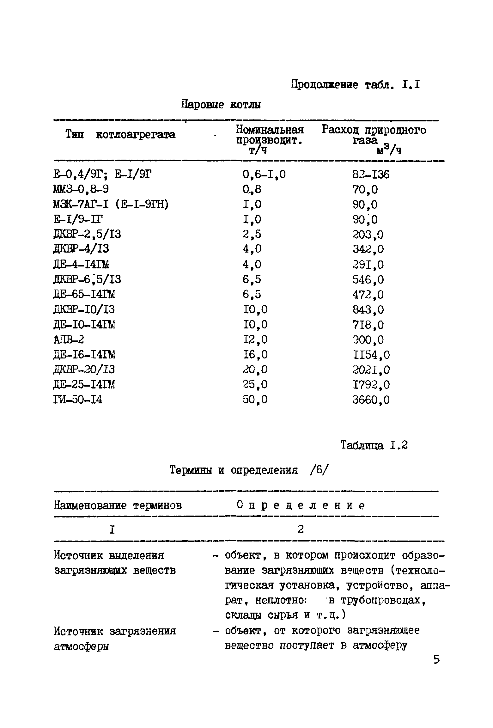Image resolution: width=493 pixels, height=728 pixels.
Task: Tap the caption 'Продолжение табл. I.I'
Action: (x=356, y=85)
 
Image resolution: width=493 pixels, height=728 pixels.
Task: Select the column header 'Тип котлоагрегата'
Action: (x=120, y=135)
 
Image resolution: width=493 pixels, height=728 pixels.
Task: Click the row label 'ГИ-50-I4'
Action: (x=78, y=400)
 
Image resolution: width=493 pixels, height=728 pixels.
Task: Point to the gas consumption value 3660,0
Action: (x=371, y=400)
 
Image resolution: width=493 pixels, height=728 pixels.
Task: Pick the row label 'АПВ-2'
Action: (x=69, y=340)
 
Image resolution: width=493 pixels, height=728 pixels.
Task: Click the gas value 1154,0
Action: (x=371, y=355)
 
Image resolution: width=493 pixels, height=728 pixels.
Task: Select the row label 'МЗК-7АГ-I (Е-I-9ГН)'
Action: (x=111, y=205)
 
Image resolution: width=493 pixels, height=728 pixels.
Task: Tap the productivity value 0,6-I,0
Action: (x=264, y=174)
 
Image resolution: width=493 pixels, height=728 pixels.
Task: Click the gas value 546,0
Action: (x=368, y=279)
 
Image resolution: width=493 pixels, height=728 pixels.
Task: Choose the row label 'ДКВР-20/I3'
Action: (x=84, y=370)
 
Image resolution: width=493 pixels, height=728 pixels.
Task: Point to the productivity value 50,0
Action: (x=255, y=400)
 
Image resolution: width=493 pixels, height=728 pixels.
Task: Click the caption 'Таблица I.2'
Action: (x=374, y=445)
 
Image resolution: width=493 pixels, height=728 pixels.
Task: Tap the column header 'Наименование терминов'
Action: (x=118, y=506)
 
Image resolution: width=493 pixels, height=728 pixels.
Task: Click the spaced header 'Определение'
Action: (x=301, y=506)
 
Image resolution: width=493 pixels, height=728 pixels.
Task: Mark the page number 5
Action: (x=436, y=660)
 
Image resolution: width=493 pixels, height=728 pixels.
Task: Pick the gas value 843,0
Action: (x=368, y=309)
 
